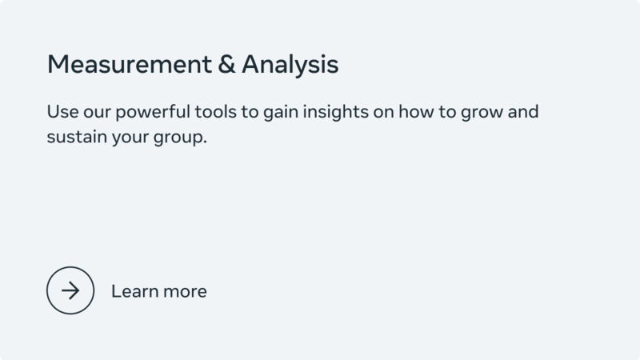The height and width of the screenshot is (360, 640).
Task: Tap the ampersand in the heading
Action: tap(226, 65)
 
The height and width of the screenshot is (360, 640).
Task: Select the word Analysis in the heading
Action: tap(290, 65)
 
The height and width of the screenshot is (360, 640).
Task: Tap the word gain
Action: tap(283, 111)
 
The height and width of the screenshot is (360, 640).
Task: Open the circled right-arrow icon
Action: tap(70, 290)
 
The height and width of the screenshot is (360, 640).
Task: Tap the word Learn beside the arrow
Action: tap(134, 291)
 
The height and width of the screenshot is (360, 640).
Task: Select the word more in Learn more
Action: tap(184, 291)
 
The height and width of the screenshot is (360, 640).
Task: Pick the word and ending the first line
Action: tap(523, 111)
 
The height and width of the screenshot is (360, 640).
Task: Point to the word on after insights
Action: tap(384, 111)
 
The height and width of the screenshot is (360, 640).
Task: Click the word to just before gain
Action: tap(252, 111)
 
